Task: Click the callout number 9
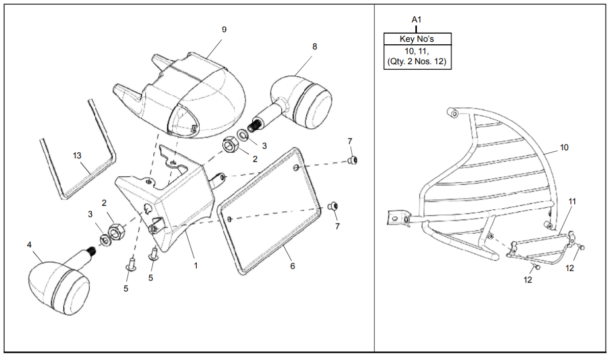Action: (x=224, y=30)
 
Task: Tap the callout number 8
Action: (x=314, y=46)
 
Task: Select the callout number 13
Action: (x=77, y=155)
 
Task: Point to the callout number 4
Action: (x=30, y=245)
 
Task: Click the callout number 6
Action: (x=293, y=266)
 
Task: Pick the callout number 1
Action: (x=196, y=265)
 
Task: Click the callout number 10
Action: (x=564, y=148)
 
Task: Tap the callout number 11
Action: (x=572, y=202)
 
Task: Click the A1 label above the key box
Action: (x=417, y=19)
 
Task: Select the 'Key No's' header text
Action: (x=417, y=39)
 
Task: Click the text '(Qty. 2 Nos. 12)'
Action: (x=417, y=62)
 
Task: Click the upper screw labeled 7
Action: (x=352, y=161)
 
